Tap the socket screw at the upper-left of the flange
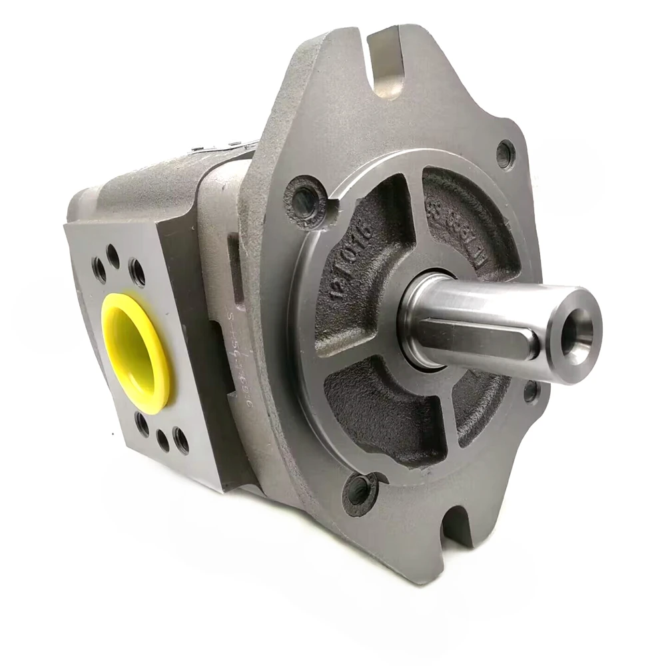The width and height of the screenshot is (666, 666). tap(306, 200)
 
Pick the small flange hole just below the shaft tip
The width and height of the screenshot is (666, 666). tap(531, 392)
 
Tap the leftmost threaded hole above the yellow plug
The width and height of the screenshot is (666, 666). tap(99, 269)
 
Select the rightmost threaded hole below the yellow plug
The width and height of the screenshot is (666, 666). tap(180, 440)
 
